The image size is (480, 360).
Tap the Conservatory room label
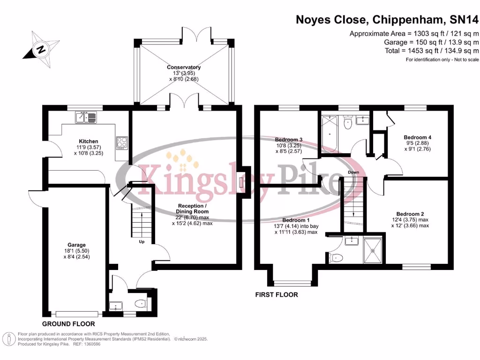click(x=184, y=67)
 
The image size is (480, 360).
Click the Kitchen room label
click(x=88, y=141)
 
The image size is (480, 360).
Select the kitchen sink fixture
click(x=86, y=117)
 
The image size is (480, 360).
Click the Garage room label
click(x=76, y=245)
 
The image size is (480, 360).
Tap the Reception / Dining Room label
click(x=192, y=209)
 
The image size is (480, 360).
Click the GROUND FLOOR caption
click(x=68, y=324)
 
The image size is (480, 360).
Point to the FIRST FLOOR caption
click(x=276, y=295)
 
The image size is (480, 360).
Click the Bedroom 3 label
click(x=288, y=140)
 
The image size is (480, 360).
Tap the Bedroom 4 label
click(x=417, y=137)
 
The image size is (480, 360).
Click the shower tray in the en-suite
click(x=373, y=250)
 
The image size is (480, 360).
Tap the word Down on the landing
click(x=353, y=172)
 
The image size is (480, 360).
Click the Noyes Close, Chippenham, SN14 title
click(x=387, y=20)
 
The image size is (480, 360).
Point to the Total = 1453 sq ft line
click(x=430, y=51)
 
